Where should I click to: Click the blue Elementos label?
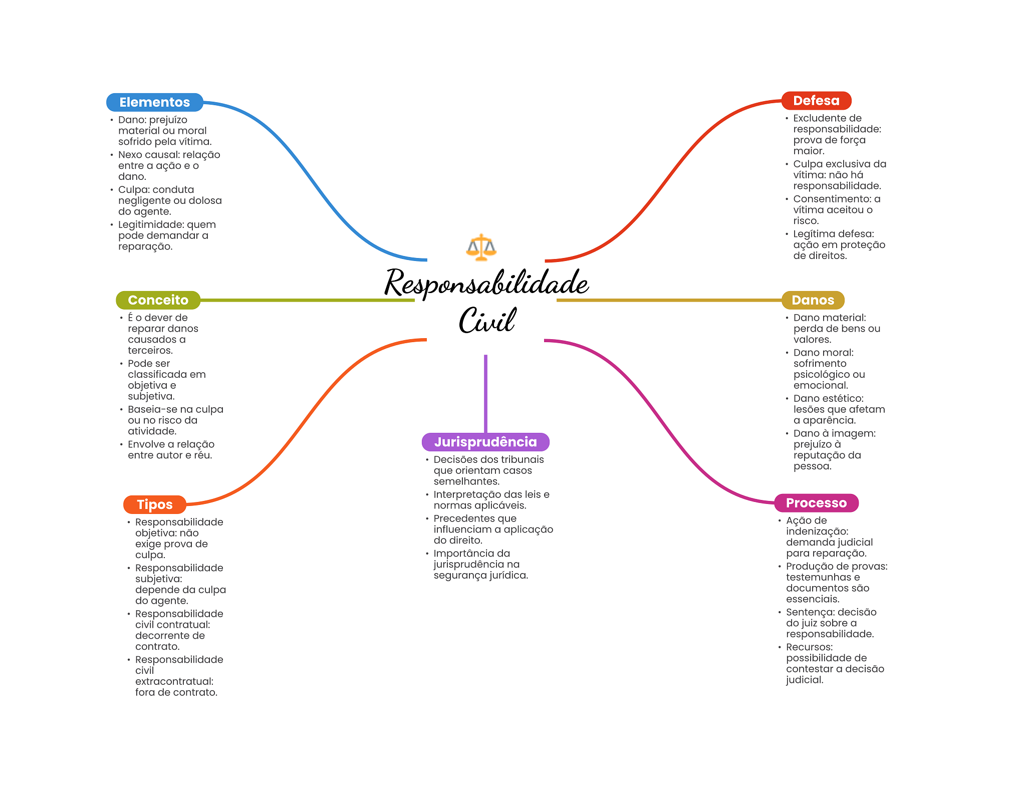154,102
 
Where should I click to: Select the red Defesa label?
816,101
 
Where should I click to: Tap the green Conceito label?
158,300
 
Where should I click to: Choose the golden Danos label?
813,300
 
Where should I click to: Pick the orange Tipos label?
154,504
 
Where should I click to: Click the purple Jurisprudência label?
485,442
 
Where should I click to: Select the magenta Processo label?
816,503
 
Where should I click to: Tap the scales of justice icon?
481,247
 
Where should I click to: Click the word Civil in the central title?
487,321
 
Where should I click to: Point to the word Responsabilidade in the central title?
486,284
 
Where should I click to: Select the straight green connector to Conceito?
307,300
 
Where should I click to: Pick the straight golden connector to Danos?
669,300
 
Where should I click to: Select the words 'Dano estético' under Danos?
828,398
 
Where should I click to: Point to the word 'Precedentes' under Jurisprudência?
474,518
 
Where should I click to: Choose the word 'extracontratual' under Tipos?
174,681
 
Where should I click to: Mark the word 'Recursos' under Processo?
809,647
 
